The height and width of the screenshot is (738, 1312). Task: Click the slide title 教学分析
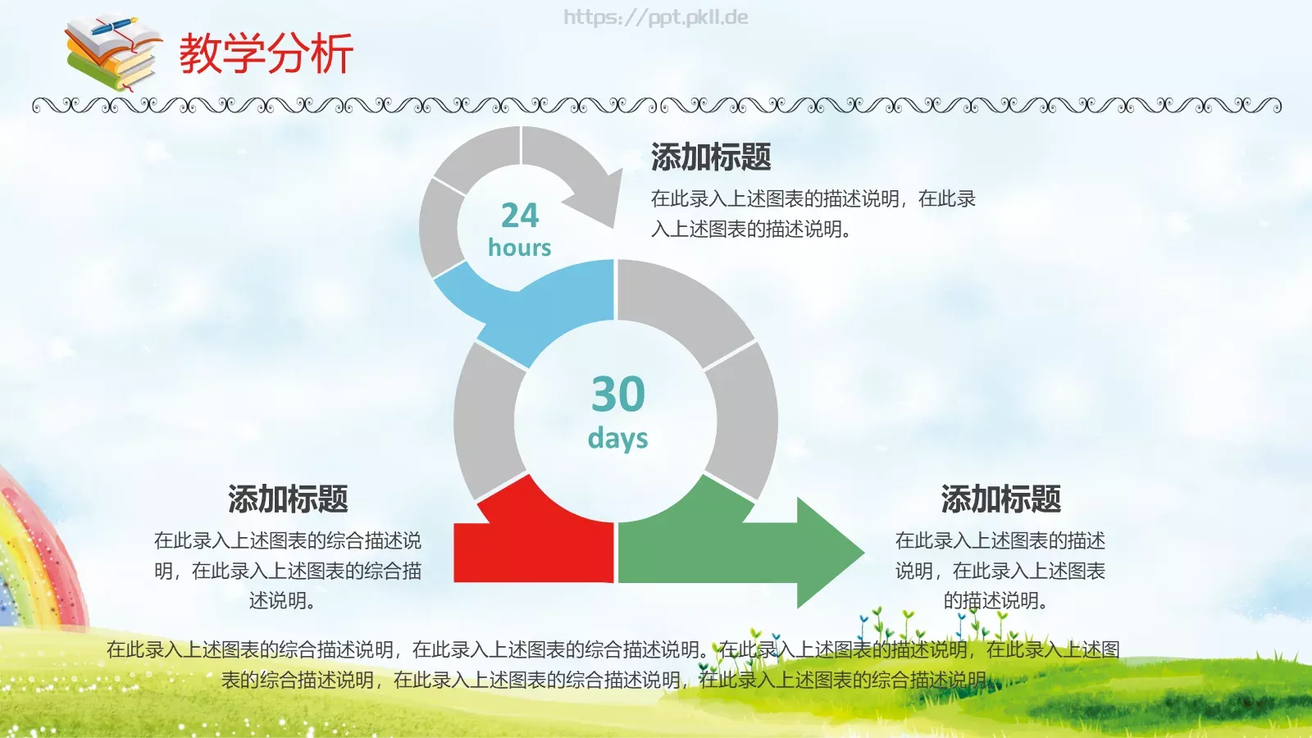pos(266,54)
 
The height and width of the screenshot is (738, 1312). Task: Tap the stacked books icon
pos(112,54)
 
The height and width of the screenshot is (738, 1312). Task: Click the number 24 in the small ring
pos(520,216)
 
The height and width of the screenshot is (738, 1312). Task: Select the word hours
pos(519,248)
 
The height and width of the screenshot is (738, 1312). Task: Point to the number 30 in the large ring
pos(618,394)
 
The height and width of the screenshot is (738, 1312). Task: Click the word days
pos(617,439)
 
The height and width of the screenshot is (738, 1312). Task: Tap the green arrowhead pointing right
pos(828,552)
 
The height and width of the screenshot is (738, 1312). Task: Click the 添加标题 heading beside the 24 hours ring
pos(711,157)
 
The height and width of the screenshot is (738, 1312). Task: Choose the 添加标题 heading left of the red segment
pos(288,499)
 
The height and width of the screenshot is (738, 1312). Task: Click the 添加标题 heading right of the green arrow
pos(1000,499)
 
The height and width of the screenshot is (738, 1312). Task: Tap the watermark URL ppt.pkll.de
pos(655,17)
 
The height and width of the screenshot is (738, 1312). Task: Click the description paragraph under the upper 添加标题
pos(812,213)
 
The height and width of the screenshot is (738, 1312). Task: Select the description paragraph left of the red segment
pos(287,570)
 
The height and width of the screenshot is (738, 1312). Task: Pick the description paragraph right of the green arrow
pos(1000,570)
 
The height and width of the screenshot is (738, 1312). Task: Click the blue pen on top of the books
pos(115,26)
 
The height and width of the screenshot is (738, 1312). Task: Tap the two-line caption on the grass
pos(613,664)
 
